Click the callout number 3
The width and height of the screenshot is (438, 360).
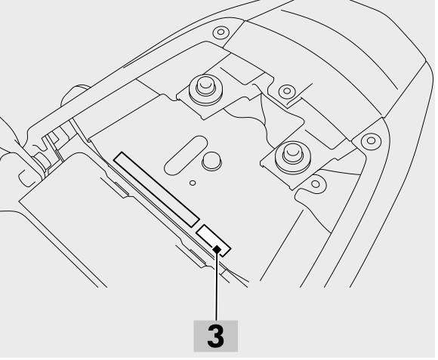click(x=216, y=336)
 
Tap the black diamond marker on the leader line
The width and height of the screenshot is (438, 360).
click(x=217, y=248)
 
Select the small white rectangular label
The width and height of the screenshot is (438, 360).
click(x=214, y=240)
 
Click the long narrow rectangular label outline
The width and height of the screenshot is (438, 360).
click(x=156, y=189)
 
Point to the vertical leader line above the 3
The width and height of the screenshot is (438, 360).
click(x=216, y=285)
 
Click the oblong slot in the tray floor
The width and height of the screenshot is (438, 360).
click(x=186, y=155)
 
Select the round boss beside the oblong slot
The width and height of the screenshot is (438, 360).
click(x=211, y=161)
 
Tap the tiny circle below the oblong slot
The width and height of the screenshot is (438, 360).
click(x=193, y=183)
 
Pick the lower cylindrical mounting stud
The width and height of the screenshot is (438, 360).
click(x=292, y=155)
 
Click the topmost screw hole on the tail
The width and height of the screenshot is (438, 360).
click(x=221, y=32)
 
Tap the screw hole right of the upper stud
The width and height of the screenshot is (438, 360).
click(x=286, y=91)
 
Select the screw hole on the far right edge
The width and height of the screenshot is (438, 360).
click(x=371, y=140)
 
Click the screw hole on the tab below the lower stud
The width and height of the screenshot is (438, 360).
click(x=316, y=184)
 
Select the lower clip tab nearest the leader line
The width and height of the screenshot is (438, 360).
click(x=193, y=255)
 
